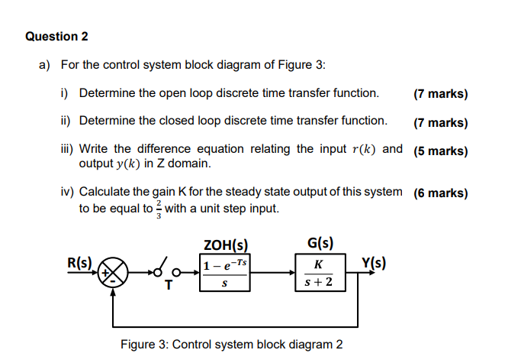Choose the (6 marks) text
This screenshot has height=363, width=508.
[x=440, y=193]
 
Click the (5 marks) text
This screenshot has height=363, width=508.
[x=440, y=151]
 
